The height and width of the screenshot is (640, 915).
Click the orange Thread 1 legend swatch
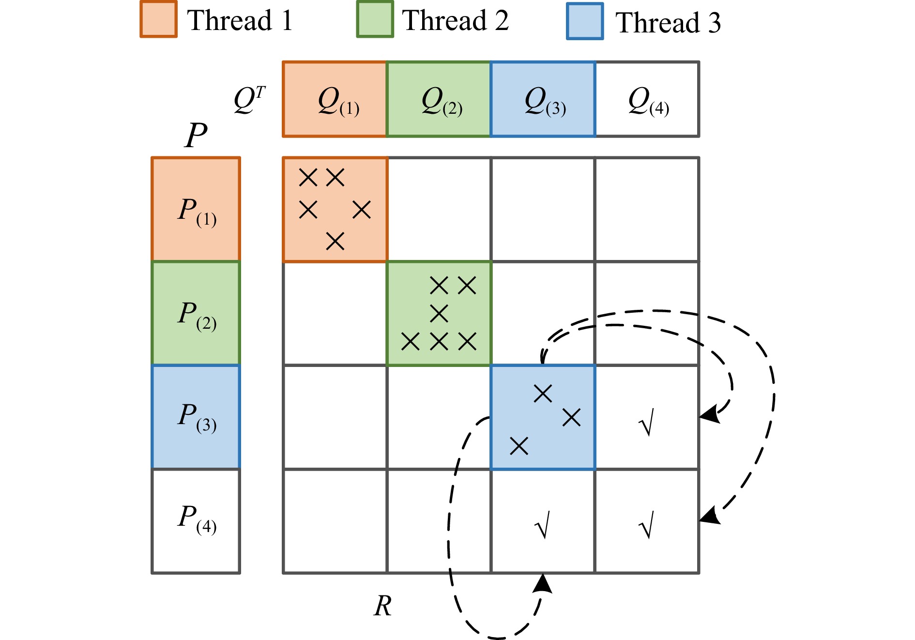click(158, 19)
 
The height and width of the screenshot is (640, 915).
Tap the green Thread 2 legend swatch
click(375, 19)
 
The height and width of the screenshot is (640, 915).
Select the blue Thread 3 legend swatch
click(585, 21)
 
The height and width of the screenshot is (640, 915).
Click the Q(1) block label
click(338, 102)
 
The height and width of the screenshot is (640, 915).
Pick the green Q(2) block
click(439, 99)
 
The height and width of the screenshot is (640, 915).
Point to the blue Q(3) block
click(543, 99)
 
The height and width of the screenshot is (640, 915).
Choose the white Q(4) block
click(647, 99)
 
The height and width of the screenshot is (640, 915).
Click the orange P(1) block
click(196, 209)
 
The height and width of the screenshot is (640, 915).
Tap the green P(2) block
click(196, 313)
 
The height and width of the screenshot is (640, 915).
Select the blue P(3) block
click(196, 417)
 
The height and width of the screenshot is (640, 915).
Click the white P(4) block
click(196, 521)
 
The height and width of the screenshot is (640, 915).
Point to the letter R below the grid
click(382, 606)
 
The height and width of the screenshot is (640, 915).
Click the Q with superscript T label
click(249, 100)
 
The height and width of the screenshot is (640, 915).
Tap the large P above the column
click(196, 135)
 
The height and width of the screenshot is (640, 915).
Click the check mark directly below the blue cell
click(542, 525)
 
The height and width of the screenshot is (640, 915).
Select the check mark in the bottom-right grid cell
click(647, 525)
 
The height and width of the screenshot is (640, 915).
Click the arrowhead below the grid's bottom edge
click(543, 584)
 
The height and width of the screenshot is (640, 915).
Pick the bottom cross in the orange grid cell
click(335, 241)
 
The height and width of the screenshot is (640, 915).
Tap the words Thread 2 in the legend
click(455, 20)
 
